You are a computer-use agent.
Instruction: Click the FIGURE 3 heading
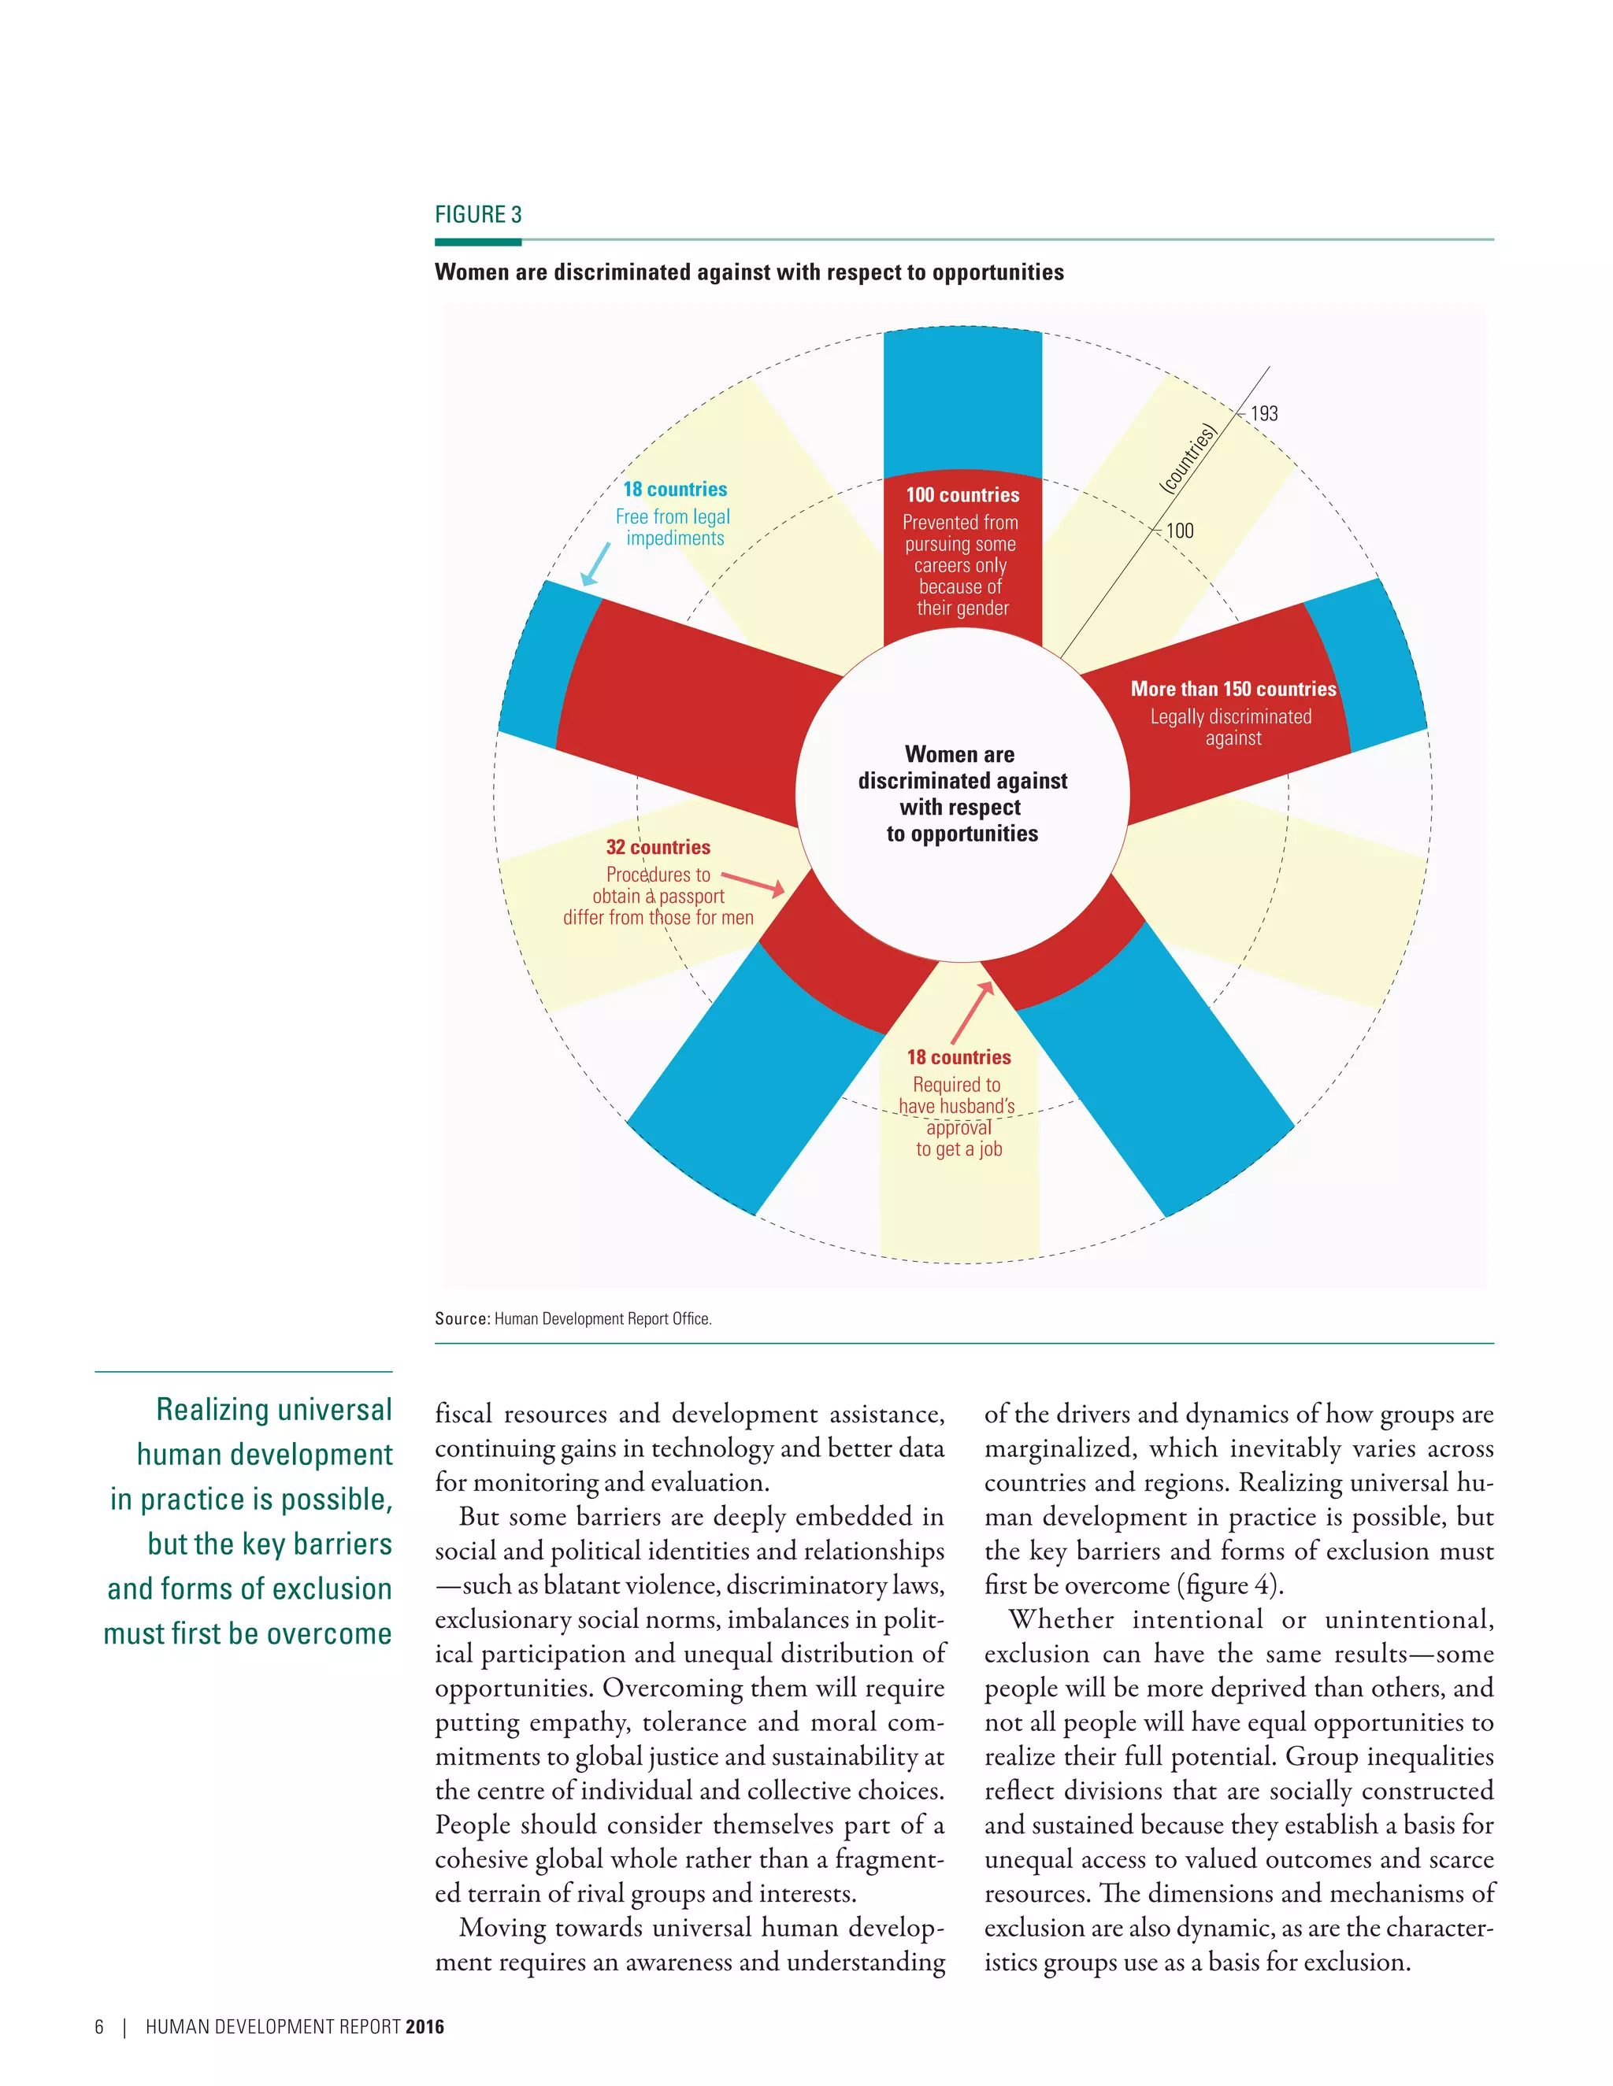tap(478, 215)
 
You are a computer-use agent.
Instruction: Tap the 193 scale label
tap(1263, 413)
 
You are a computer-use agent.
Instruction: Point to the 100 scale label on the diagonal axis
tap(1179, 531)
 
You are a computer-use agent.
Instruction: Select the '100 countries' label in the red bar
tap(962, 495)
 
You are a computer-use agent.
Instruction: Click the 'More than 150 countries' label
tap(1233, 689)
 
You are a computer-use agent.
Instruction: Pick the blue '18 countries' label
tap(675, 489)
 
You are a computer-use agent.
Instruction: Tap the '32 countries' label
tap(658, 847)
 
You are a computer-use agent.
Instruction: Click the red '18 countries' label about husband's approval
tap(959, 1057)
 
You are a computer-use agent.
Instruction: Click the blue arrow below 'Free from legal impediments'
tap(596, 564)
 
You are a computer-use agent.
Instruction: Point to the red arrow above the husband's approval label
tap(973, 1012)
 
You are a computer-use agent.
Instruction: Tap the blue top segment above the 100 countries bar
tap(962, 401)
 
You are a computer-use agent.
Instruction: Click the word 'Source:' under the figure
tap(462, 1319)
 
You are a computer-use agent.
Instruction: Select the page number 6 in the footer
tap(99, 2027)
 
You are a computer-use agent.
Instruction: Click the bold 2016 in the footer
tap(425, 2027)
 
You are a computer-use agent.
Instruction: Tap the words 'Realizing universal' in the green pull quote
tap(274, 1410)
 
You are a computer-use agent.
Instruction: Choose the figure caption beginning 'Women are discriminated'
tap(748, 272)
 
